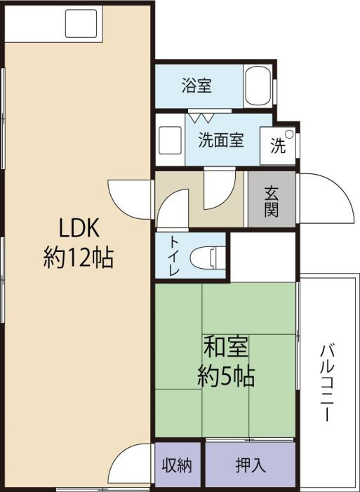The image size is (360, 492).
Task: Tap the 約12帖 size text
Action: point(79,258)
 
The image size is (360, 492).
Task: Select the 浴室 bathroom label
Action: point(197,86)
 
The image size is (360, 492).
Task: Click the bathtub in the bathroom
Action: point(260,87)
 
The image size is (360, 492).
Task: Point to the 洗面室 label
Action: point(220,140)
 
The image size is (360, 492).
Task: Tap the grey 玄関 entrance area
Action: point(271,200)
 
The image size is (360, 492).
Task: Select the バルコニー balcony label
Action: point(327,382)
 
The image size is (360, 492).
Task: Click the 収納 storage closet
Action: point(178,465)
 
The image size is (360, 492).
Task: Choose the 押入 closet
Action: point(250,465)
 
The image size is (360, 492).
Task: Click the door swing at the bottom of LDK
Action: point(131,465)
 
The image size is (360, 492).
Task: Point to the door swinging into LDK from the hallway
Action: point(130,199)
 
